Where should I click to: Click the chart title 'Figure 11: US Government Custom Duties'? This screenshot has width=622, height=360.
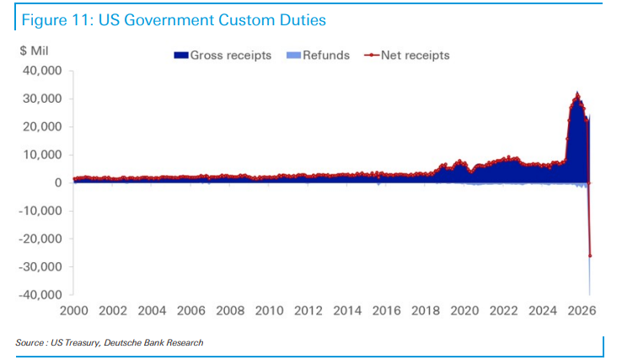click(x=174, y=20)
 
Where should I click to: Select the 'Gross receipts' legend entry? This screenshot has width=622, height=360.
click(x=223, y=55)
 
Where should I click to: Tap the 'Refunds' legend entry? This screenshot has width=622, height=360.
click(x=318, y=55)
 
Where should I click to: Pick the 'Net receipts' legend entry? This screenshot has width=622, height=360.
click(x=407, y=55)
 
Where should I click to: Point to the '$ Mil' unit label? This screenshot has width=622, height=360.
click(x=34, y=51)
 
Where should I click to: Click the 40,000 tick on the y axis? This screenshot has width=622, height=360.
click(x=42, y=71)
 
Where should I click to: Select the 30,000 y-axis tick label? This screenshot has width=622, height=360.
click(x=42, y=99)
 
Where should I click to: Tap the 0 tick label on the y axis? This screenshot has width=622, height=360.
click(x=58, y=183)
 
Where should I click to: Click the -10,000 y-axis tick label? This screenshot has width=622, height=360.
click(x=40, y=211)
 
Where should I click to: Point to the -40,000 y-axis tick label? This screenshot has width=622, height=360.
click(x=40, y=294)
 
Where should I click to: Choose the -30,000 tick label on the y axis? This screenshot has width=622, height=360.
click(x=40, y=266)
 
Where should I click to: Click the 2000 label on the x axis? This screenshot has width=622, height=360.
click(x=74, y=310)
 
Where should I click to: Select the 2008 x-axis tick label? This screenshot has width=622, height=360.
click(x=230, y=310)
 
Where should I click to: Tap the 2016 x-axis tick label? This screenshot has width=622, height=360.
click(x=386, y=310)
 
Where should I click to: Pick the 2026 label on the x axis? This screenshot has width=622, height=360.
click(x=582, y=310)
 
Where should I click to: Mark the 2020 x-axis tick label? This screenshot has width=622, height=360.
click(x=464, y=310)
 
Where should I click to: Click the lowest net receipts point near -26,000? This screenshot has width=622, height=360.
click(x=590, y=256)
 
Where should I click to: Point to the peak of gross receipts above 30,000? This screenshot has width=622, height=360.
click(x=577, y=92)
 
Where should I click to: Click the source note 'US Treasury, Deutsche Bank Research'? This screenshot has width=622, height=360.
click(x=127, y=342)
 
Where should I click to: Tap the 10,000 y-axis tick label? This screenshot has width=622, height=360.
click(x=42, y=155)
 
